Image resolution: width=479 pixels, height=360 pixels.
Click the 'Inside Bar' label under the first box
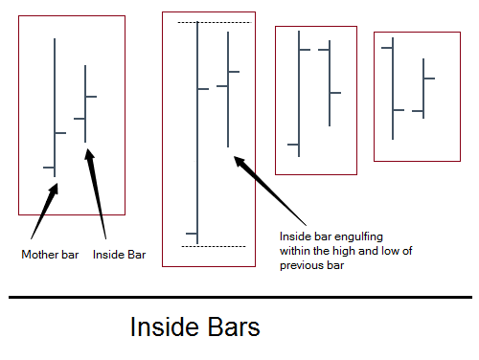coord(119,255)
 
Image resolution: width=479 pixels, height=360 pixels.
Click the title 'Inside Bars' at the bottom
coord(194,328)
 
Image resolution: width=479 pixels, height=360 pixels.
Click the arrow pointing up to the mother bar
coord(43,211)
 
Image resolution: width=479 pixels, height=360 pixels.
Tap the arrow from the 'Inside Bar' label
coord(96,191)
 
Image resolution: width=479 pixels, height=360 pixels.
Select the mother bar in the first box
coord(56,105)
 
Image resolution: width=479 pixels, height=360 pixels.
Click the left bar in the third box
coord(299,96)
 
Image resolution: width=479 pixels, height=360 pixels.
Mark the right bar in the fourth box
coord(423,86)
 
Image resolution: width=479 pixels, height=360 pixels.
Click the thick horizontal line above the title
coord(239,298)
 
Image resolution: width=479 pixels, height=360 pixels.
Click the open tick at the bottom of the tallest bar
coord(192,233)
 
